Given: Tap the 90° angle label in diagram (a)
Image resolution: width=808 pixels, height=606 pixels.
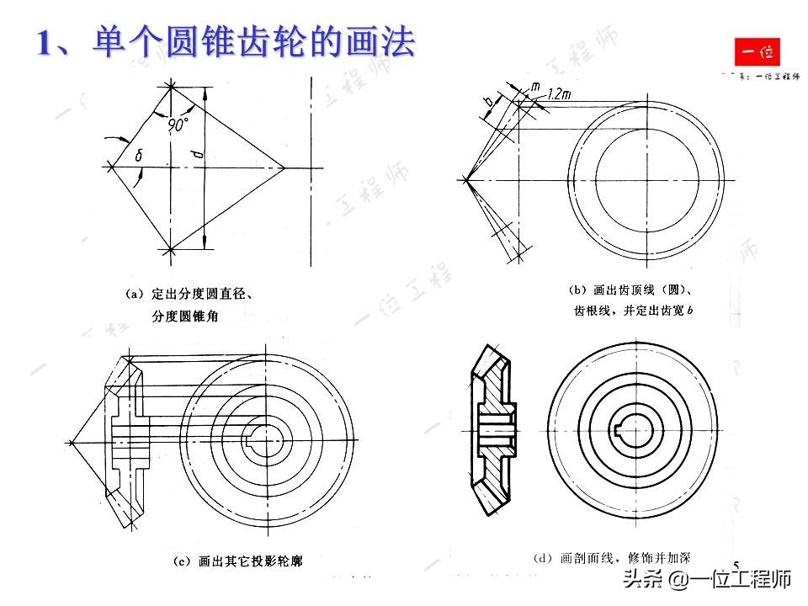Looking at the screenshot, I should pyautogui.click(x=178, y=125).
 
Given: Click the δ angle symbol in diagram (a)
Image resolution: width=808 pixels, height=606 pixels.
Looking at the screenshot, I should pyautogui.click(x=139, y=154).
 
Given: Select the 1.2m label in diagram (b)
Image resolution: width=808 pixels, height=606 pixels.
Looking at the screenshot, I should pyautogui.click(x=558, y=95).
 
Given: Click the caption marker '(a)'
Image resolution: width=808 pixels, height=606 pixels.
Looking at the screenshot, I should pyautogui.click(x=135, y=294).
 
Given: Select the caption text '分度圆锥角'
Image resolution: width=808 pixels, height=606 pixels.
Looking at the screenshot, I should pyautogui.click(x=190, y=316).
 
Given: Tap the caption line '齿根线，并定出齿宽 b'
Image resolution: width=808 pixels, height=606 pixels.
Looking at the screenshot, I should pyautogui.click(x=630, y=311).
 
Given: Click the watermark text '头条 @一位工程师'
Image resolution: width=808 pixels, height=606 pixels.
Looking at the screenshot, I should pyautogui.click(x=707, y=580).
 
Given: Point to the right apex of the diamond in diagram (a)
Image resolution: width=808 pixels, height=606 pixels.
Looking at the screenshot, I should pyautogui.click(x=284, y=167).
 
